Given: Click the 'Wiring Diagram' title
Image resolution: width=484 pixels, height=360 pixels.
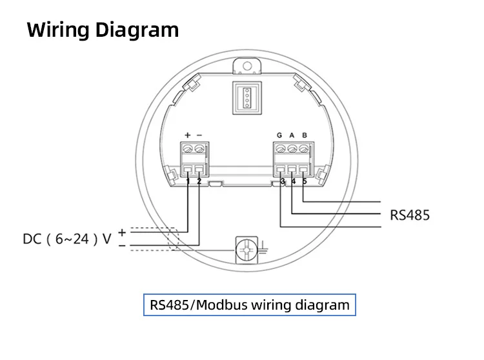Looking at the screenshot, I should click(103, 30).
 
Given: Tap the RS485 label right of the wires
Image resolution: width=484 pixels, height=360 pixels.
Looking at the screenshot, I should click(409, 214).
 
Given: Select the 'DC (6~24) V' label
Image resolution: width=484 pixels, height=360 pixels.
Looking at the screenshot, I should click(67, 239).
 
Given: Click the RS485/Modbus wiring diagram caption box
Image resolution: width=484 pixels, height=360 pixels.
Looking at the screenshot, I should click(249, 305).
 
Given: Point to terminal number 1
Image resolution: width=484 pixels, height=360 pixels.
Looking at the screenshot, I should click(188, 182).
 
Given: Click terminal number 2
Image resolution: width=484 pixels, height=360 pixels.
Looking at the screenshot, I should click(199, 182).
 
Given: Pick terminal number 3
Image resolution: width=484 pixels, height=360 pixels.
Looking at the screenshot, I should click(283, 182).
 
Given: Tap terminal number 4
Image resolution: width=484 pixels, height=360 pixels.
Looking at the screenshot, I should click(294, 182).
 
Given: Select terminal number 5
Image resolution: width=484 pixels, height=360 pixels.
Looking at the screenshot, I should click(305, 182).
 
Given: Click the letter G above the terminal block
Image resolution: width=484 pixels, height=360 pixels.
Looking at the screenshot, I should click(279, 135).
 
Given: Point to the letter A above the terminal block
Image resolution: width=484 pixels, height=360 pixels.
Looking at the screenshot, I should click(292, 135).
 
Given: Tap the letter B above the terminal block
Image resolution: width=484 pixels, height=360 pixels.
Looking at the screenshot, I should click(304, 135).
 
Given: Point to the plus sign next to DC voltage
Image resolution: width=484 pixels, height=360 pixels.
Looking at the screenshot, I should click(121, 230).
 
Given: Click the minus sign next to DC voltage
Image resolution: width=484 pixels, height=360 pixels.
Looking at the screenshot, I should click(121, 245).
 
